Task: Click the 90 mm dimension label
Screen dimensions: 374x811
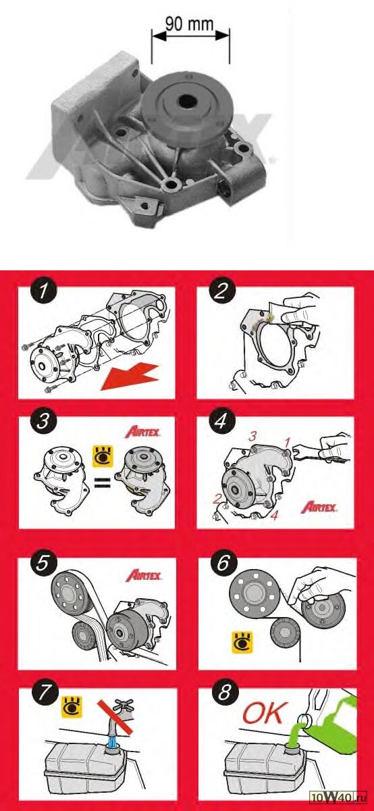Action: (x=189, y=24)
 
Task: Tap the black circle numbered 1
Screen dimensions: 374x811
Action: (x=43, y=291)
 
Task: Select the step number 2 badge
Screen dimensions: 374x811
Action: (x=221, y=291)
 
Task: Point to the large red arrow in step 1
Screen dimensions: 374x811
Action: (x=130, y=377)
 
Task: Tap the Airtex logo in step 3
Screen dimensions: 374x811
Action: (x=142, y=433)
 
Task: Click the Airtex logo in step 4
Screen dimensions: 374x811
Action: (x=319, y=508)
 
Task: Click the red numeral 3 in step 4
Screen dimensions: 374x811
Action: (x=252, y=437)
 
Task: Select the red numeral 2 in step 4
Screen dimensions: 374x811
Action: (x=217, y=499)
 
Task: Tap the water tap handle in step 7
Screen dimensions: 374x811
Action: (x=124, y=706)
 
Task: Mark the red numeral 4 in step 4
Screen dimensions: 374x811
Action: (x=275, y=515)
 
